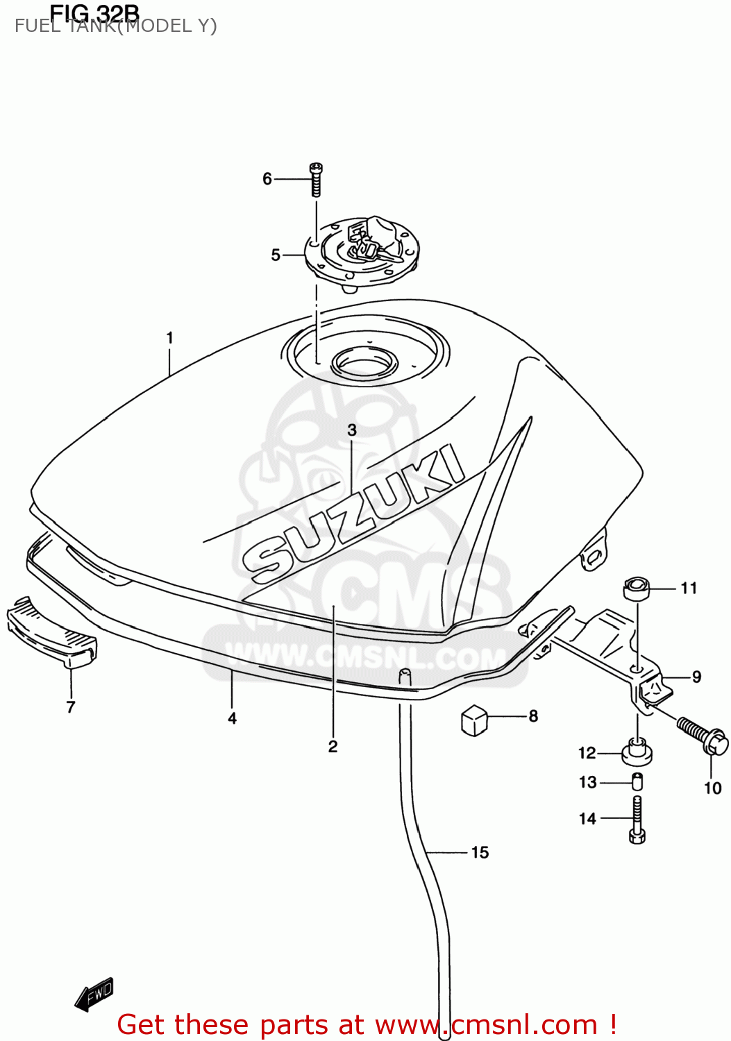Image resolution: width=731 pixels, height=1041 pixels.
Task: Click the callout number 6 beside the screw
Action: (x=267, y=179)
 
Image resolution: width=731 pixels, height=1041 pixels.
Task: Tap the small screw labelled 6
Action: (x=316, y=178)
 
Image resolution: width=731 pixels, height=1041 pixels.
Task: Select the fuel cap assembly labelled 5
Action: (x=362, y=251)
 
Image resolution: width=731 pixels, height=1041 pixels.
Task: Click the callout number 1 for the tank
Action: (x=169, y=338)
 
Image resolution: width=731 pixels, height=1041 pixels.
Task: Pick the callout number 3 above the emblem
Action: (x=352, y=430)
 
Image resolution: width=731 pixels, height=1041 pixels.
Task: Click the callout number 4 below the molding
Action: (x=232, y=718)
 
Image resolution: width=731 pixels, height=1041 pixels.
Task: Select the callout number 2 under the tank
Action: (x=333, y=747)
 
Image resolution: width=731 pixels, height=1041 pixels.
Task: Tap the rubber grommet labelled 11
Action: (x=637, y=589)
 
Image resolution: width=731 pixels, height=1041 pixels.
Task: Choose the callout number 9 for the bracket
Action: (x=696, y=677)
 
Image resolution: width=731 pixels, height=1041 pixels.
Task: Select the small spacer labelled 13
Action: (x=637, y=781)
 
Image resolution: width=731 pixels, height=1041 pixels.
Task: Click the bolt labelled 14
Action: (x=637, y=819)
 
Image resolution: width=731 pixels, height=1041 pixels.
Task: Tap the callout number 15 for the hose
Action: (x=480, y=852)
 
